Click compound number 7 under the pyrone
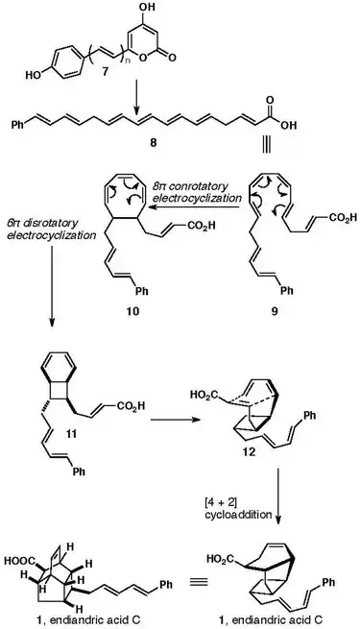click(x=105, y=73)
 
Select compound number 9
click(x=275, y=311)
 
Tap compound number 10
click(x=133, y=311)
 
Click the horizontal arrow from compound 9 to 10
click(x=195, y=206)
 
